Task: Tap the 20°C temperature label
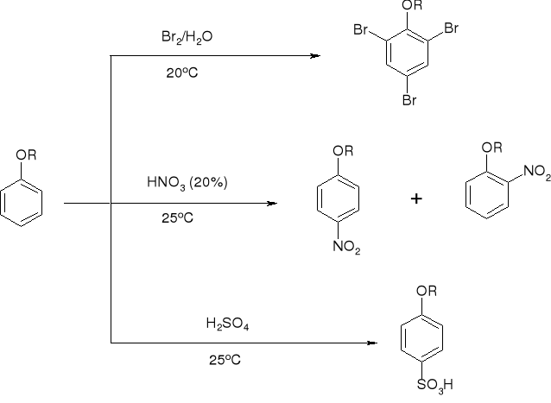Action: coord(182,73)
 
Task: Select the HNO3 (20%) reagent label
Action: coord(187,183)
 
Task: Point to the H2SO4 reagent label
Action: coord(222,324)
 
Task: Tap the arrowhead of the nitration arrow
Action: coord(273,204)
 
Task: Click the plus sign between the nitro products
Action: coord(416,199)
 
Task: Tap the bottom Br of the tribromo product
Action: coord(409,100)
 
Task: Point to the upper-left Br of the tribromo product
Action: coord(363,29)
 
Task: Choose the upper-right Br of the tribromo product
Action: coord(456,29)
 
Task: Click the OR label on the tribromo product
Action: coord(413,6)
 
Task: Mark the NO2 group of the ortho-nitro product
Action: coord(536,173)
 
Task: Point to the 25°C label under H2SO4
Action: coord(224,360)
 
